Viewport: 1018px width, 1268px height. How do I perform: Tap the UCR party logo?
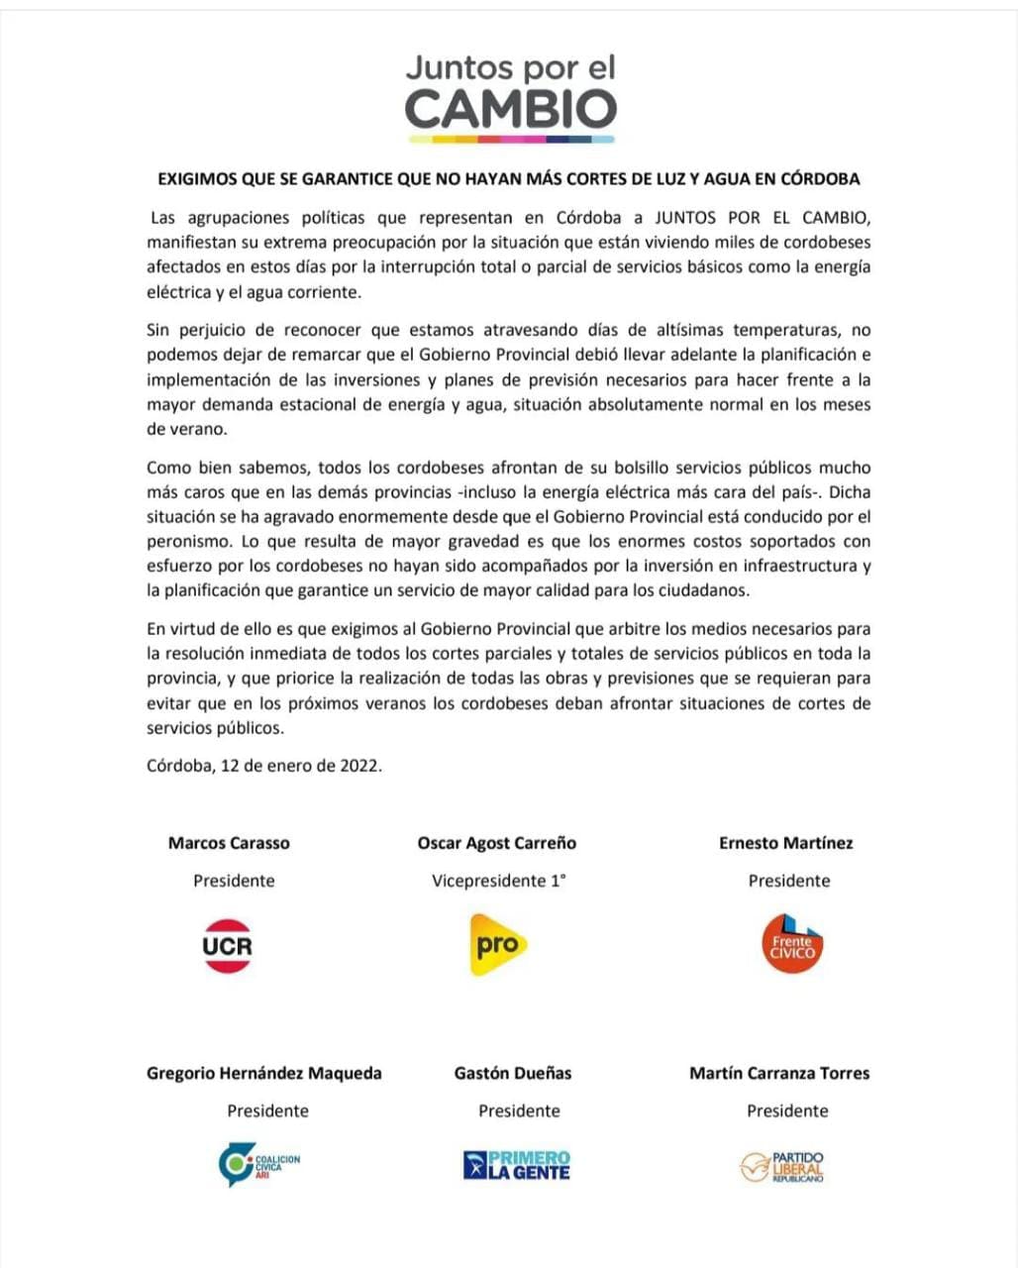228,945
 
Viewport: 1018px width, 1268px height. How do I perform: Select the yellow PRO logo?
497,944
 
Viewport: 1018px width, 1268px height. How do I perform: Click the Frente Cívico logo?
792,944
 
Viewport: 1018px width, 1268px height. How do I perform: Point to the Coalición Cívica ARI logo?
259,1165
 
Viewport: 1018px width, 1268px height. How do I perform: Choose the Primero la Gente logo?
517,1165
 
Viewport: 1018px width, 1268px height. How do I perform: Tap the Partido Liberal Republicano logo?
782,1166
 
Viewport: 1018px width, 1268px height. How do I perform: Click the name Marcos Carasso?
229,843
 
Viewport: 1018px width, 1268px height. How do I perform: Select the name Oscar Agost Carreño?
497,843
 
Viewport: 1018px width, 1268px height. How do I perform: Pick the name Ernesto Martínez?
786,843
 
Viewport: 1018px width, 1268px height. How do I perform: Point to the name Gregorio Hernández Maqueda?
264,1073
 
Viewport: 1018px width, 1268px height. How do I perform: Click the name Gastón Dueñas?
513,1073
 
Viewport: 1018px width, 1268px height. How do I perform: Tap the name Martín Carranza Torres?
779,1073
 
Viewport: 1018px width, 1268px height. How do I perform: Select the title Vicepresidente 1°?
499,881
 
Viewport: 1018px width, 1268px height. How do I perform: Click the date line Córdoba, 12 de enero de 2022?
264,765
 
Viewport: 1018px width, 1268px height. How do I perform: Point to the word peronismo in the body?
191,542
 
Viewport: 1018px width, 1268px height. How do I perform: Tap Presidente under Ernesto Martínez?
789,881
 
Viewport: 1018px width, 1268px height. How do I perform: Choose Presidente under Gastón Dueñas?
519,1110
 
